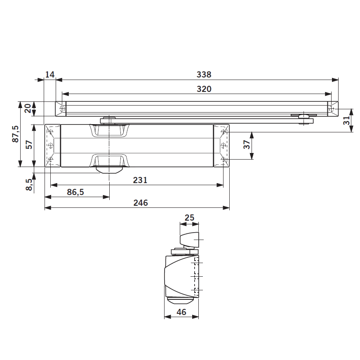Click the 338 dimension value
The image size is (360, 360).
204,75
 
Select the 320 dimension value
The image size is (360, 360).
204,89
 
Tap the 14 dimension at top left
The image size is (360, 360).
49,75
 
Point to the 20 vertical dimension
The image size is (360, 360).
27,108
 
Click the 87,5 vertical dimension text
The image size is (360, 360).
15,134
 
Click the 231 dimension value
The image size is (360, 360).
140,180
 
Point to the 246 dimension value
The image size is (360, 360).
140,202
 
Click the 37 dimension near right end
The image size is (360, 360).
247,145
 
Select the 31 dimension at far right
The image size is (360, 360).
347,120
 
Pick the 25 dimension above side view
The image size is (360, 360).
190,218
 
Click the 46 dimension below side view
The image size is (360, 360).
181,312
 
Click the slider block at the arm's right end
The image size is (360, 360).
305,119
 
